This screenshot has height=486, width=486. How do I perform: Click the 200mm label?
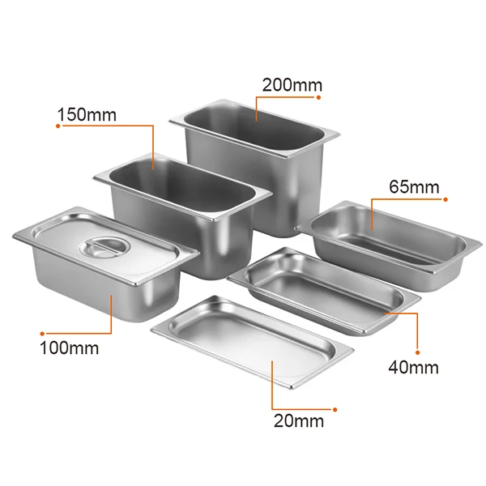[292, 84]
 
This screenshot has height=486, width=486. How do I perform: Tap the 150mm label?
[86, 114]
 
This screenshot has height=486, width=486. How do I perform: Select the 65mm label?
[414, 187]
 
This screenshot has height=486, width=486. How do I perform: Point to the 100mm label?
[70, 349]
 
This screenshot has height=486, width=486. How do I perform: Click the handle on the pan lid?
[101, 246]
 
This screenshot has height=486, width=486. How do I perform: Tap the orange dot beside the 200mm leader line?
[319, 97]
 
